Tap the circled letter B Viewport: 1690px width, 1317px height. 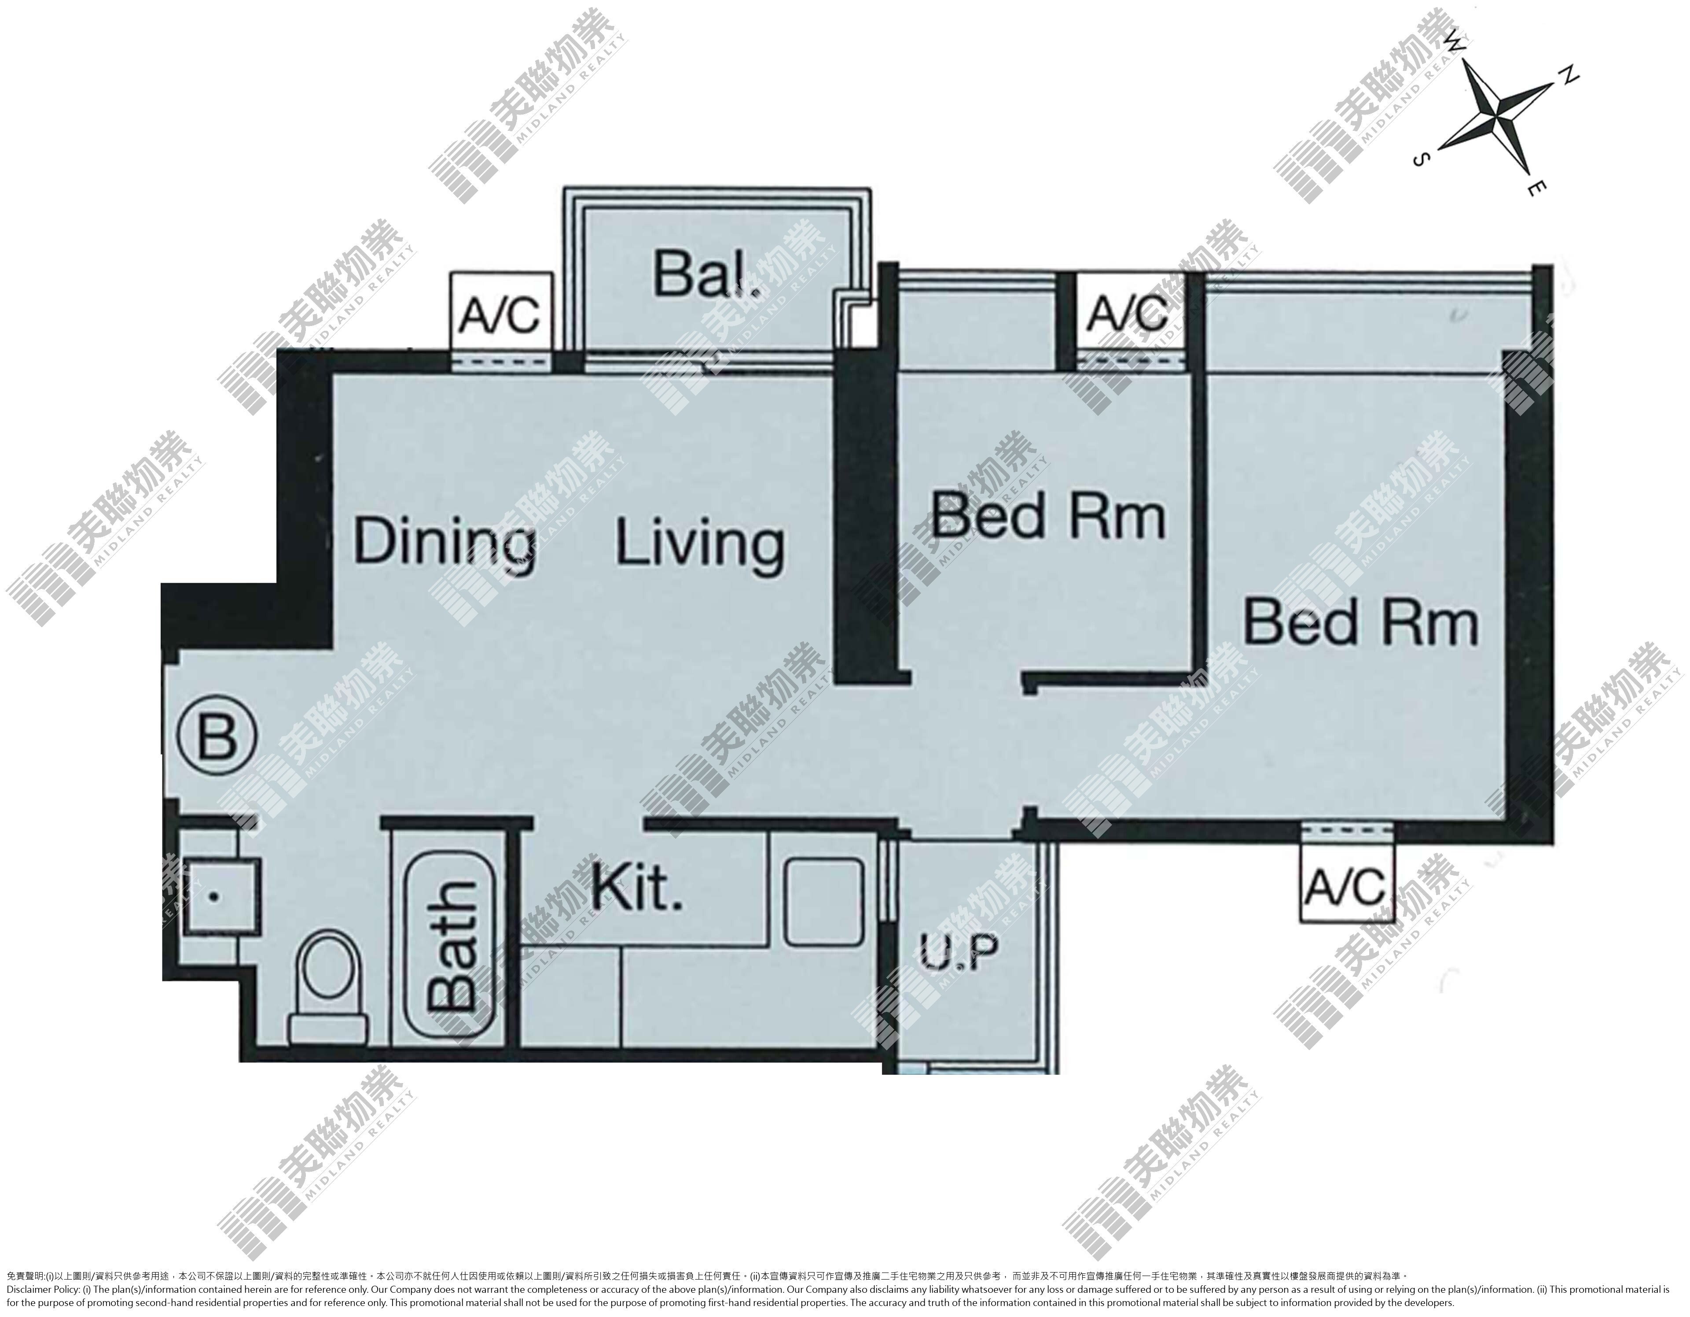coord(217,736)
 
